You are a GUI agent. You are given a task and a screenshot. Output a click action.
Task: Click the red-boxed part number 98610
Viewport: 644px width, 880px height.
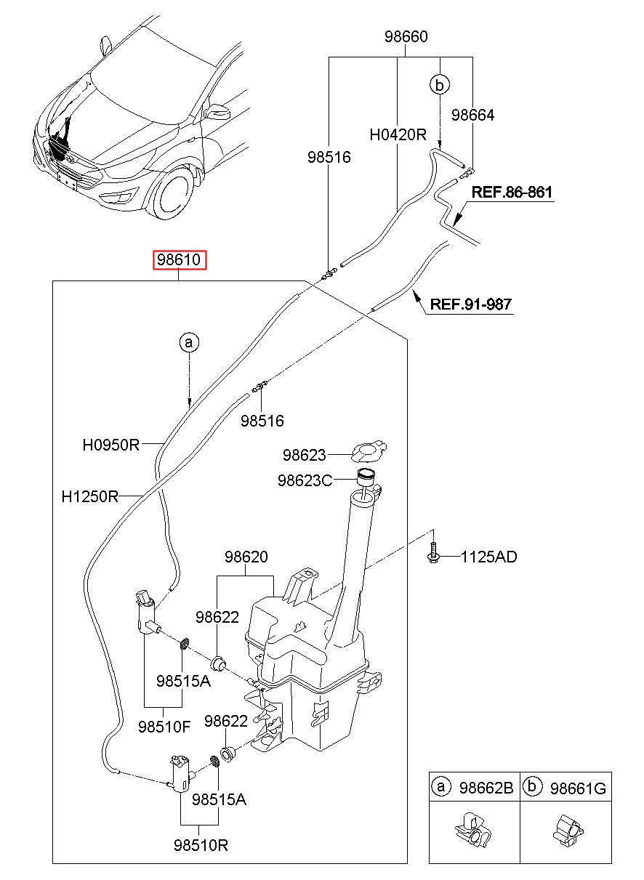point(180,259)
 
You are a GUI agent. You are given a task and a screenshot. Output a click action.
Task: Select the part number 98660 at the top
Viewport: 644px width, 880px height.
point(406,36)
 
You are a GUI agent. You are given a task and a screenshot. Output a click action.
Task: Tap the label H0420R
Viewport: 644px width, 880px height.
point(398,134)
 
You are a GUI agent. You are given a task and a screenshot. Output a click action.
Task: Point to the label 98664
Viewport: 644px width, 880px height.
point(472,115)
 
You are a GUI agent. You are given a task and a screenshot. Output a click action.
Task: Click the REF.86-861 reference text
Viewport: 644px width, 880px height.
point(512,192)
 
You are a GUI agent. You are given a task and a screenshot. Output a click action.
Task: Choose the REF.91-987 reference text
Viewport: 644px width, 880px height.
point(471,304)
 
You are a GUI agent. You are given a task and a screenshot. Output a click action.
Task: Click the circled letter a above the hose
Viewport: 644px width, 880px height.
point(189,342)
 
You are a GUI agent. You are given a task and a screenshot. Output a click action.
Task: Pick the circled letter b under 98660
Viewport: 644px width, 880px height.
point(440,84)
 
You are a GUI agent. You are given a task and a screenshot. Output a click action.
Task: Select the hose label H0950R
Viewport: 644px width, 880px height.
point(110,445)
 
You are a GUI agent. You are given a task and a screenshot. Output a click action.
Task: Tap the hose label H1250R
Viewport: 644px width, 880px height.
point(89,496)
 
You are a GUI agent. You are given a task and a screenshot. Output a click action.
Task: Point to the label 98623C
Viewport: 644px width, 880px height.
point(305,480)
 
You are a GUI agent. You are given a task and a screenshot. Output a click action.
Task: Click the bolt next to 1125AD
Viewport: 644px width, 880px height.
point(432,553)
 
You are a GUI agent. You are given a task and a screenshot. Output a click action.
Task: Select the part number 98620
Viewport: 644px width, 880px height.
point(246,557)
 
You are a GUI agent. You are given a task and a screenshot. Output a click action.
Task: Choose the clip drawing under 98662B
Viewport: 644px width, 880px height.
point(473,829)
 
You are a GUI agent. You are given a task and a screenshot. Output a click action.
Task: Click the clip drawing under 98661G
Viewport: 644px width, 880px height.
point(568,829)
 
